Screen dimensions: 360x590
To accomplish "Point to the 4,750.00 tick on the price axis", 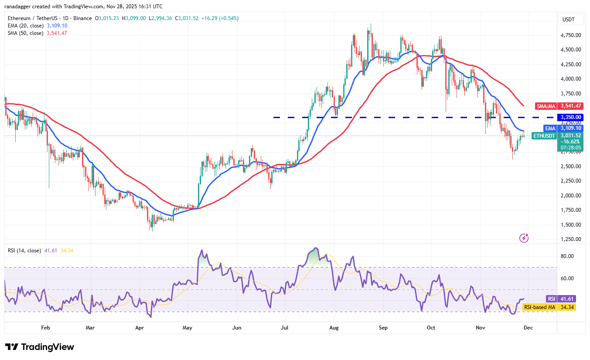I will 570,35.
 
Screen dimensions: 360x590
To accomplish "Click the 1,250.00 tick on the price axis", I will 570,239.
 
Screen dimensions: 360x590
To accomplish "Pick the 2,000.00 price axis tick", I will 570,195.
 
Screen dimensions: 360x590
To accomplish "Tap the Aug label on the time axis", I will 334,327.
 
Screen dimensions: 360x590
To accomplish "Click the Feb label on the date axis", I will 45,327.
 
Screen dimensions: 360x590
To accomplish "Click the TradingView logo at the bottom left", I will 40,347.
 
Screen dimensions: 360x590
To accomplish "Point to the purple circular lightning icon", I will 524,238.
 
